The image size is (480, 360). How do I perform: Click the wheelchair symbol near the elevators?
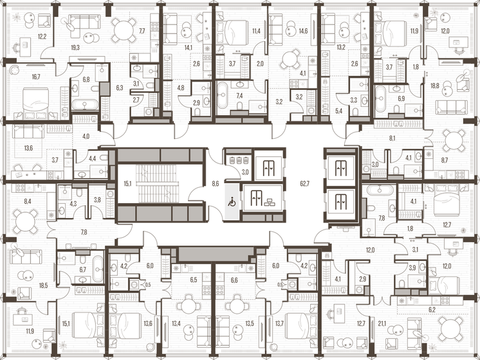coord(232,202)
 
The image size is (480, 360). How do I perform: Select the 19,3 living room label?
coord(75,48)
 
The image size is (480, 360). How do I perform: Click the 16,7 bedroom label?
coord(36,76)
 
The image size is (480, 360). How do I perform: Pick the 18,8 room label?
coord(435,85)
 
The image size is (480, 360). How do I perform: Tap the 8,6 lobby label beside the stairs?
coord(216,184)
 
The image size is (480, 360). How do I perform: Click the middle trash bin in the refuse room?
coord(239,159)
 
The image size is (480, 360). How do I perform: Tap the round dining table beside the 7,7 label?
coord(124,30)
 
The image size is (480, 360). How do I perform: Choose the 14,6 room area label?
coord(303,31)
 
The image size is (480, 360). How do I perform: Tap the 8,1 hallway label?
coord(392,139)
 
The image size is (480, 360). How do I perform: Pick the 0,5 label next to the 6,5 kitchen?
coord(148,285)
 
